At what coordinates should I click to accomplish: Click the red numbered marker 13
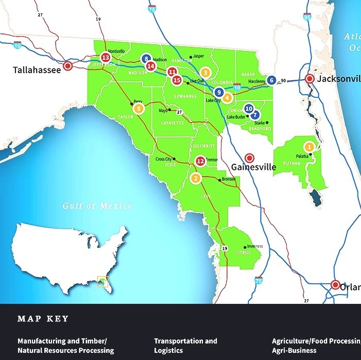[x=106, y=58]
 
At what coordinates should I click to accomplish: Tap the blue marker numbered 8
[x=146, y=59]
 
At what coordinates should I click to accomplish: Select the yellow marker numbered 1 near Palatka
[x=309, y=146]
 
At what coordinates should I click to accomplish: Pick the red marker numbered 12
[x=201, y=161]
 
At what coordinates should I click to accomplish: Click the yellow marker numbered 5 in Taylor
[x=138, y=109]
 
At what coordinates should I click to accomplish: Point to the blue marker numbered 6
[x=271, y=80]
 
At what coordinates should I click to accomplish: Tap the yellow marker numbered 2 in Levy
[x=196, y=179]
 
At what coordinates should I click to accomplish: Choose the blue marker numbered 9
[x=219, y=93]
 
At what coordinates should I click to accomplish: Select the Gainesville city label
[x=253, y=167]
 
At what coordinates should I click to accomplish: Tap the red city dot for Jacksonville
[x=310, y=79]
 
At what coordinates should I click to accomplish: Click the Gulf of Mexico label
[x=97, y=206]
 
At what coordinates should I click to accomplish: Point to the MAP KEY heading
[x=43, y=319]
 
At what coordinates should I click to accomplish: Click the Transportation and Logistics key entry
[x=185, y=346]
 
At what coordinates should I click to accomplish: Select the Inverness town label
[x=255, y=247]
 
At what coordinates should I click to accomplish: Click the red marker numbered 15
[x=177, y=80]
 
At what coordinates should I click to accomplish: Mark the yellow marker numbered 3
[x=205, y=73]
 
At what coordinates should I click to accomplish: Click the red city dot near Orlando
[x=335, y=284]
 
